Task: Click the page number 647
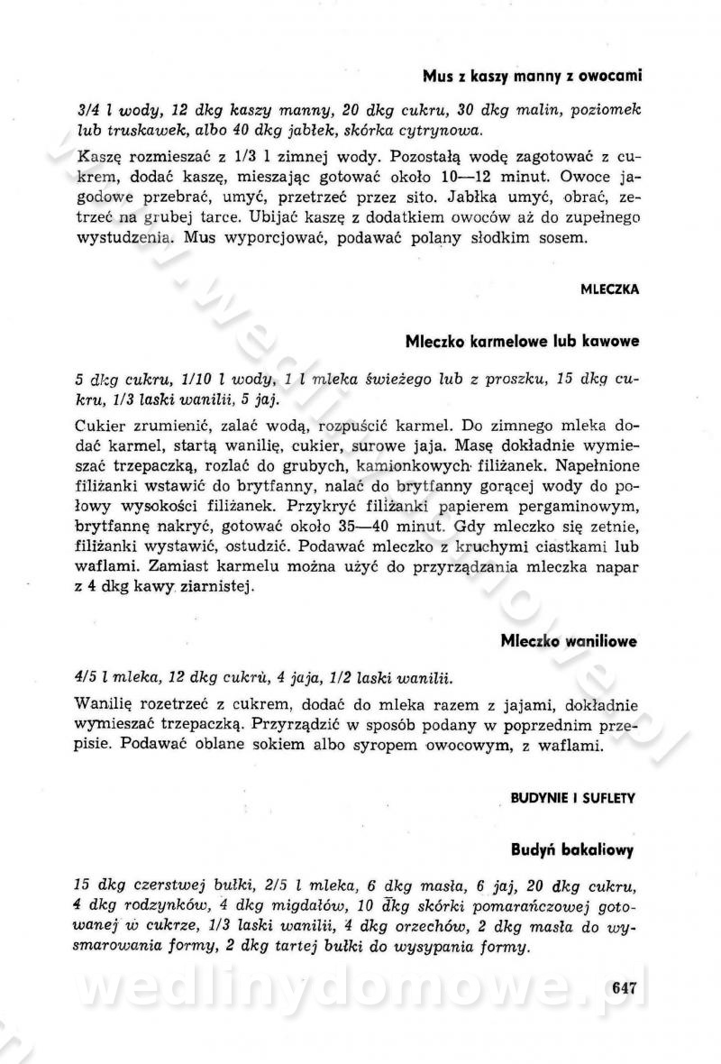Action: click(624, 986)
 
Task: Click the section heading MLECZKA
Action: click(610, 290)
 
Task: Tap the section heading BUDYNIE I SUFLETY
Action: click(574, 797)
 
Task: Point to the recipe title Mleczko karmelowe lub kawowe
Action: click(522, 342)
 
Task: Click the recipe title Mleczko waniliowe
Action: click(569, 641)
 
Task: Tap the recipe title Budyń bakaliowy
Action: click(573, 848)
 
